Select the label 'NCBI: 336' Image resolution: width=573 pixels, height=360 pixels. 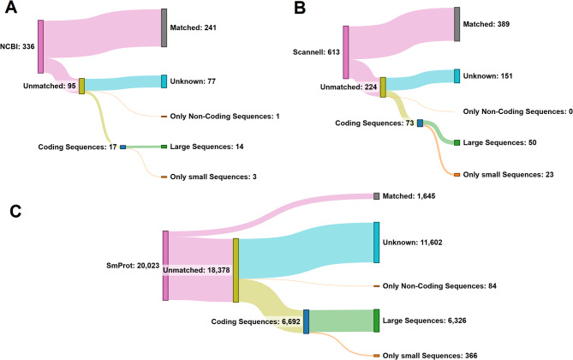pos(17,45)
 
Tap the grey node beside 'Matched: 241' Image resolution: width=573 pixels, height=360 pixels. pos(164,27)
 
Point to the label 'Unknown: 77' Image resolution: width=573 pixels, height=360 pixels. pos(195,81)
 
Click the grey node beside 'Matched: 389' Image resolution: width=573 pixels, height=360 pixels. pos(457,24)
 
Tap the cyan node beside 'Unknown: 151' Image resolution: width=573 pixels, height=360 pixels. pos(457,76)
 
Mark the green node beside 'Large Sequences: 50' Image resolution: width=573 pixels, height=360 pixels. pos(457,142)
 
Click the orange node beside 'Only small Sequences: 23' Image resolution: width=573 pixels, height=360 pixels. pos(457,174)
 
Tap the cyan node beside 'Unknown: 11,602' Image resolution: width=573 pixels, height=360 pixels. pos(376,242)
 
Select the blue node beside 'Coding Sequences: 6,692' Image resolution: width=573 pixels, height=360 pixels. pos(306,321)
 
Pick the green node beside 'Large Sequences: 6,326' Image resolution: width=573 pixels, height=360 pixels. pos(376,321)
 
